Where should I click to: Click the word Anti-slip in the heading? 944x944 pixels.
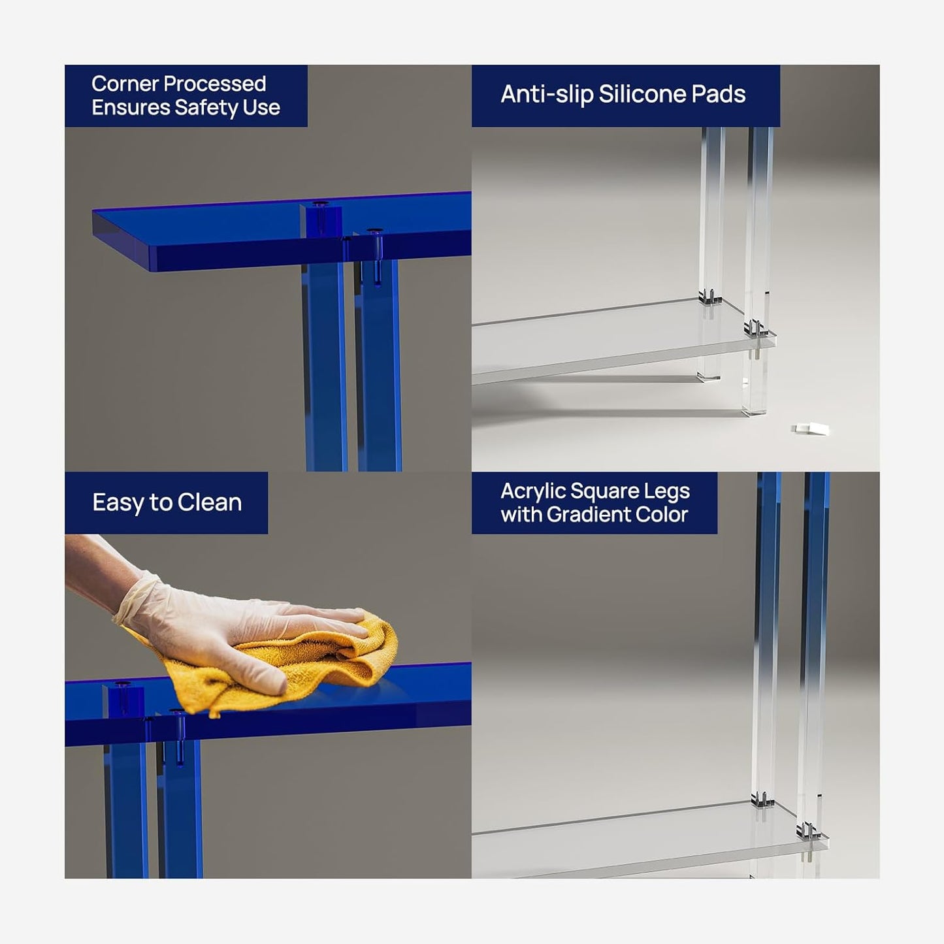coord(547,95)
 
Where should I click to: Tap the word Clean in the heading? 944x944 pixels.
coord(209,503)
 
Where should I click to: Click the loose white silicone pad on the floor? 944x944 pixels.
coord(811,429)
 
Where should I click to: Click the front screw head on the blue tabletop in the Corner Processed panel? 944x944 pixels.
coord(374,231)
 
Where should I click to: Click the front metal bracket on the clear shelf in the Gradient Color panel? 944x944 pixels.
coord(807,832)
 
